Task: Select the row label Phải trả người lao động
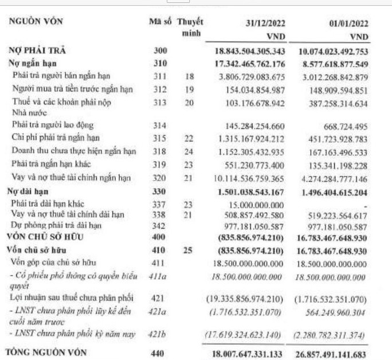(x=53, y=125)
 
